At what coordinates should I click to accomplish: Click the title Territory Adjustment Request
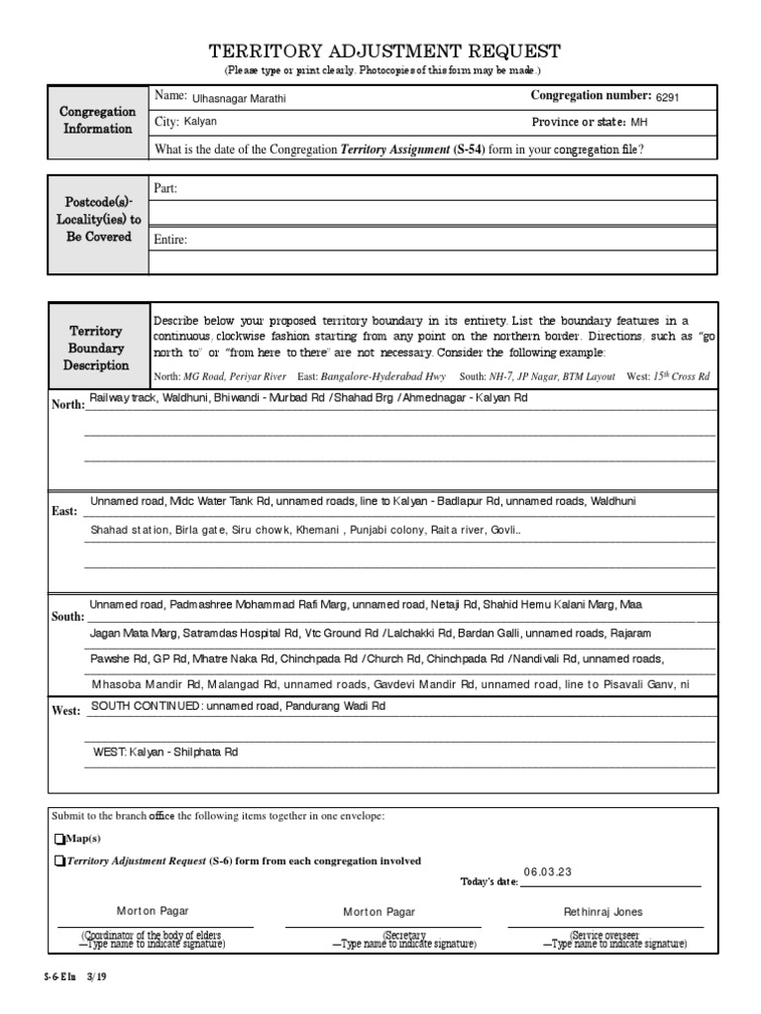(x=383, y=51)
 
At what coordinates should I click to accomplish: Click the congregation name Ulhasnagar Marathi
(x=232, y=98)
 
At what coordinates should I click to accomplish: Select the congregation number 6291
(x=666, y=98)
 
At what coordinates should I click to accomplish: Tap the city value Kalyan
(x=199, y=122)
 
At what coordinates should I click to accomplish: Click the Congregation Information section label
(x=98, y=121)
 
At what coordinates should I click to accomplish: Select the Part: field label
(x=165, y=188)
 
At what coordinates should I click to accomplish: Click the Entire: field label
(x=169, y=239)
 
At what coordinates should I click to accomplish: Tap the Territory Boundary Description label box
(x=96, y=349)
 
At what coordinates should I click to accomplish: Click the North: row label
(x=67, y=405)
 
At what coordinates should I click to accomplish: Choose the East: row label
(x=64, y=511)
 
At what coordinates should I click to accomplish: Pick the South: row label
(x=67, y=616)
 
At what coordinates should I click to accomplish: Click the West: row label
(x=65, y=711)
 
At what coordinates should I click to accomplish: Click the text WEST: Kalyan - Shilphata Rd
(x=165, y=753)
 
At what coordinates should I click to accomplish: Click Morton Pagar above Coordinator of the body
(x=153, y=911)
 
